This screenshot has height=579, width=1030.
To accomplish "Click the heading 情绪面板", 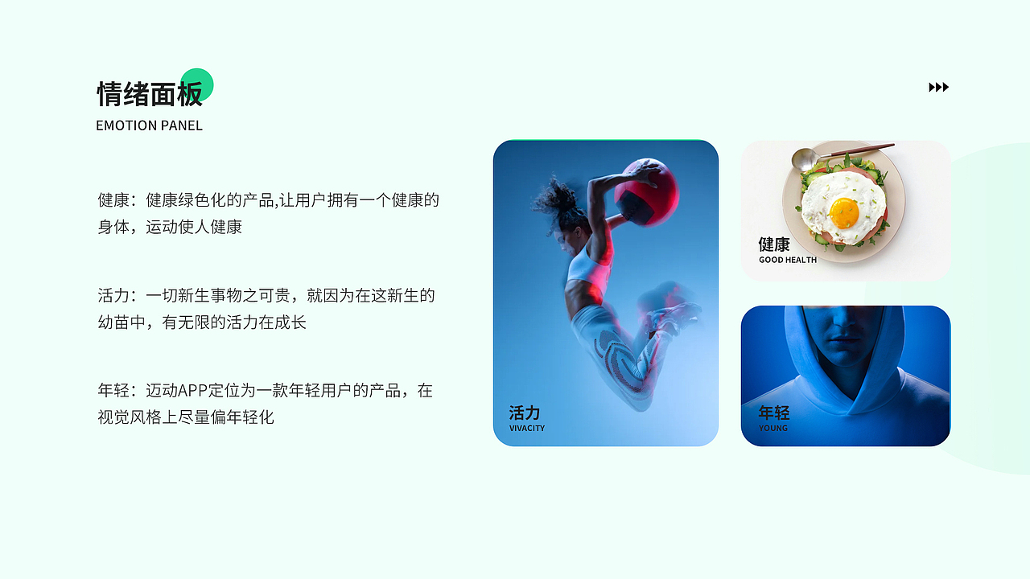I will click(150, 94).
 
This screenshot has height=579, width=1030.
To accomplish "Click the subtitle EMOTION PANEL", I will click(149, 125).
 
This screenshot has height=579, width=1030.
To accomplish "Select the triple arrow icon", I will click(938, 87).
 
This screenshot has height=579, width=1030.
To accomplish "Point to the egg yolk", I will click(844, 212).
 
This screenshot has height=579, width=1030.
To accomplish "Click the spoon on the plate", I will click(805, 158).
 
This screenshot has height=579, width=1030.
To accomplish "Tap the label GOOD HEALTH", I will click(787, 260).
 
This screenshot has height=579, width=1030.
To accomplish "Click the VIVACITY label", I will click(526, 428).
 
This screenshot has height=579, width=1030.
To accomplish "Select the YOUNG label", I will click(772, 428).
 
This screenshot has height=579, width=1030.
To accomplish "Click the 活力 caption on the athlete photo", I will click(525, 413).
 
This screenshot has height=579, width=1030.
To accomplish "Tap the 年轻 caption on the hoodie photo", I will click(774, 413).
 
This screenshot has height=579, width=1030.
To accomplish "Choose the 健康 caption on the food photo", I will click(774, 244).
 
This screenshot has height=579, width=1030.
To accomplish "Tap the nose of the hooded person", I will click(845, 318).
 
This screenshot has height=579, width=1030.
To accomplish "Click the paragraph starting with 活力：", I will click(266, 309).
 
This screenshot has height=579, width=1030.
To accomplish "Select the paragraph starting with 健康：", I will click(268, 213).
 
